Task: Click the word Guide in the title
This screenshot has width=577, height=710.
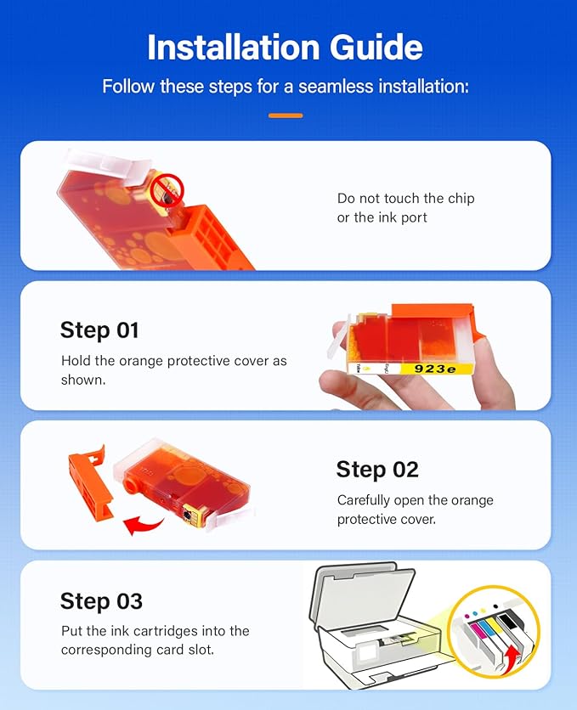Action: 376,48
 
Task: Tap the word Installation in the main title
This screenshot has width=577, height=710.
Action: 234,48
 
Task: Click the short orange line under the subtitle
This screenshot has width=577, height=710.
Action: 286,116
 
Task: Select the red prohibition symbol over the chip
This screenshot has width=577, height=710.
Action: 167,190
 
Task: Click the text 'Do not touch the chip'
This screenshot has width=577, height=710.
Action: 406,199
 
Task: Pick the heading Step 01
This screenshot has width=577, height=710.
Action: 99,330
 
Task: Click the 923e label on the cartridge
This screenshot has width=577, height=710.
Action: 435,369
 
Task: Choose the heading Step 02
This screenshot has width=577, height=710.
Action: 377,469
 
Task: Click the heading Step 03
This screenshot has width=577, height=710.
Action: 101,601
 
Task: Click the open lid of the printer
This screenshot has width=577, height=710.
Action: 362,593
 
